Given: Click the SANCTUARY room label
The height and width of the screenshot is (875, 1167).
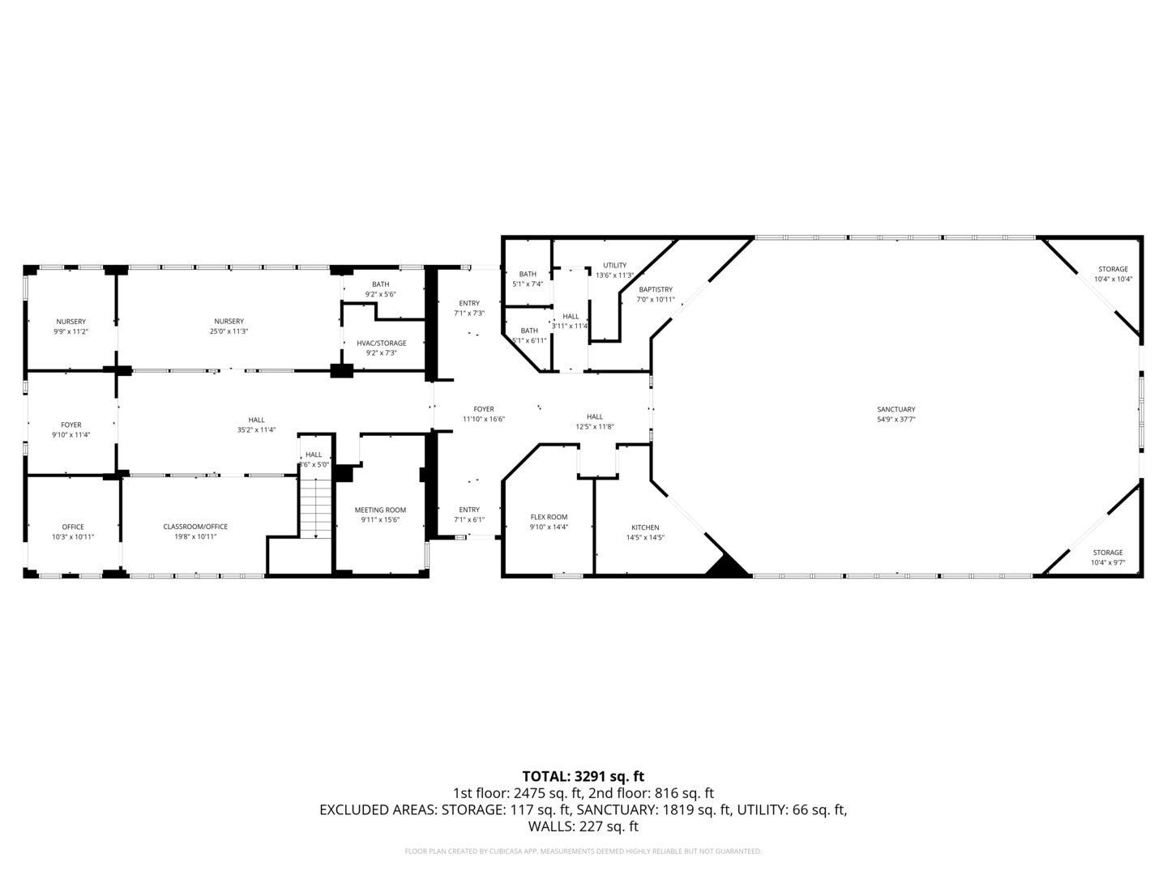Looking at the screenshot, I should (x=896, y=409).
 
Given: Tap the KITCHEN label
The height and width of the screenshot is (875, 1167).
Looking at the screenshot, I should (x=645, y=527).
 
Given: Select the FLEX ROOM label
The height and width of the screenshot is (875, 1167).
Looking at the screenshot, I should (x=549, y=517).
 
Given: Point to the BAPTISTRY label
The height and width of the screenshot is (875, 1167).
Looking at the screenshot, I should (x=655, y=289).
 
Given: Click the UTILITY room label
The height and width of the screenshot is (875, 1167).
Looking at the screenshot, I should (x=614, y=265).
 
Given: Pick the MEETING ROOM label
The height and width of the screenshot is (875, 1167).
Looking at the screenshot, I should (x=380, y=510).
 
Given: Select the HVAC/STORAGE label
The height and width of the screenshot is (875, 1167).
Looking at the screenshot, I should (x=381, y=343).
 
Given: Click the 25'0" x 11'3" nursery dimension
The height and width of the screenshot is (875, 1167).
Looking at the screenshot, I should (x=229, y=331).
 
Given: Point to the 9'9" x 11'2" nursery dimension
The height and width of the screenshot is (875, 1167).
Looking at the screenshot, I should (x=71, y=331).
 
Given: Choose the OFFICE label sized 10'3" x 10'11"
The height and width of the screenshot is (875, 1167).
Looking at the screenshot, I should (x=73, y=527).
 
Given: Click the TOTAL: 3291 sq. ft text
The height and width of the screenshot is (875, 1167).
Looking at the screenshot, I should (x=583, y=776).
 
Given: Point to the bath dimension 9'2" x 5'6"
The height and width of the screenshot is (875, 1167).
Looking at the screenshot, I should (x=380, y=294).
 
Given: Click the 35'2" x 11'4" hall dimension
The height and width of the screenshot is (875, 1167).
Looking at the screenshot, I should (x=256, y=430).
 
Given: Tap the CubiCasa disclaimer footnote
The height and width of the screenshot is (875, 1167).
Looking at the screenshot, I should (x=583, y=852).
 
